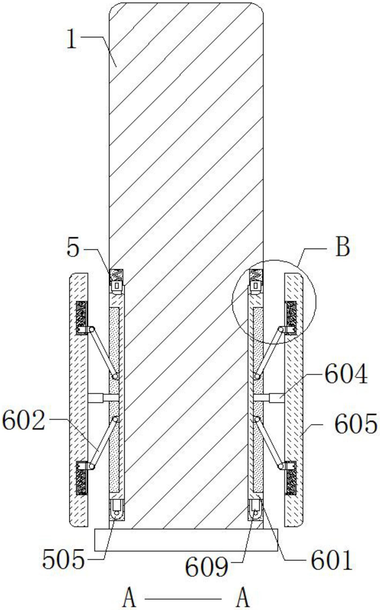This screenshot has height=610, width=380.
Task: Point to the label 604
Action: (346, 374)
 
